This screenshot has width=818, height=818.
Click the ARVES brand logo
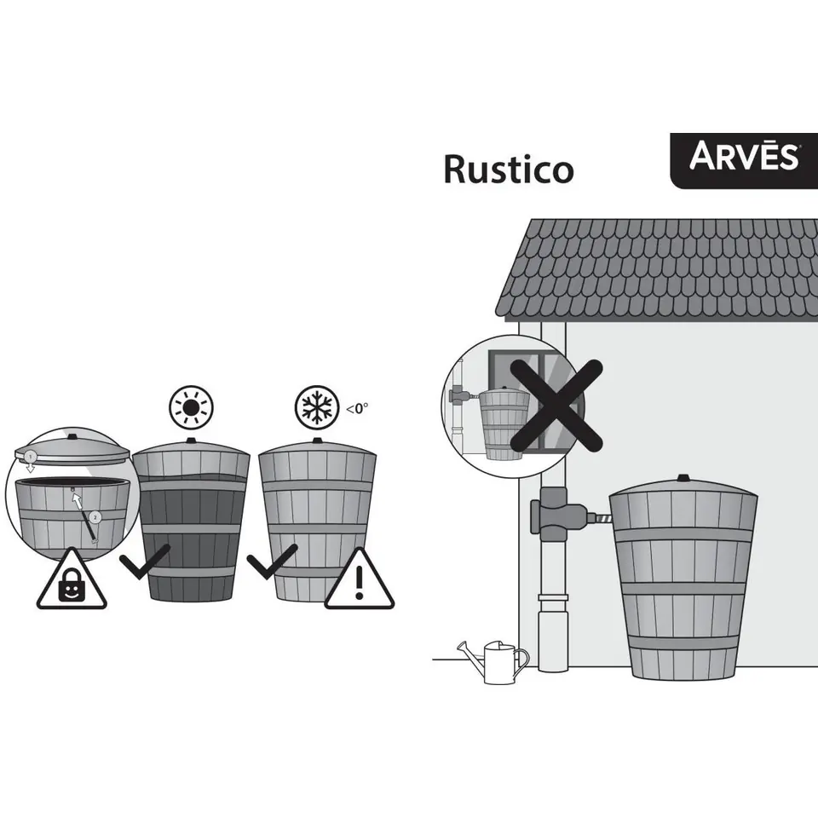(743, 158)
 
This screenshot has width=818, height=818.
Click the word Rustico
(508, 170)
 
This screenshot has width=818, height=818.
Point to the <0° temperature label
(357, 408)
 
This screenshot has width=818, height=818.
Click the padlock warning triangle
(72, 583)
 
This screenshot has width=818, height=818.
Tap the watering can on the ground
(494, 661)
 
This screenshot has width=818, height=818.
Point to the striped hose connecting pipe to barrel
(601, 516)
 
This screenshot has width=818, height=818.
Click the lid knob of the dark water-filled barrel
(191, 441)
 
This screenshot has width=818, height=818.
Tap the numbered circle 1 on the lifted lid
(31, 455)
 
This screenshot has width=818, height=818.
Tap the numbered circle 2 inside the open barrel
(95, 516)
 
